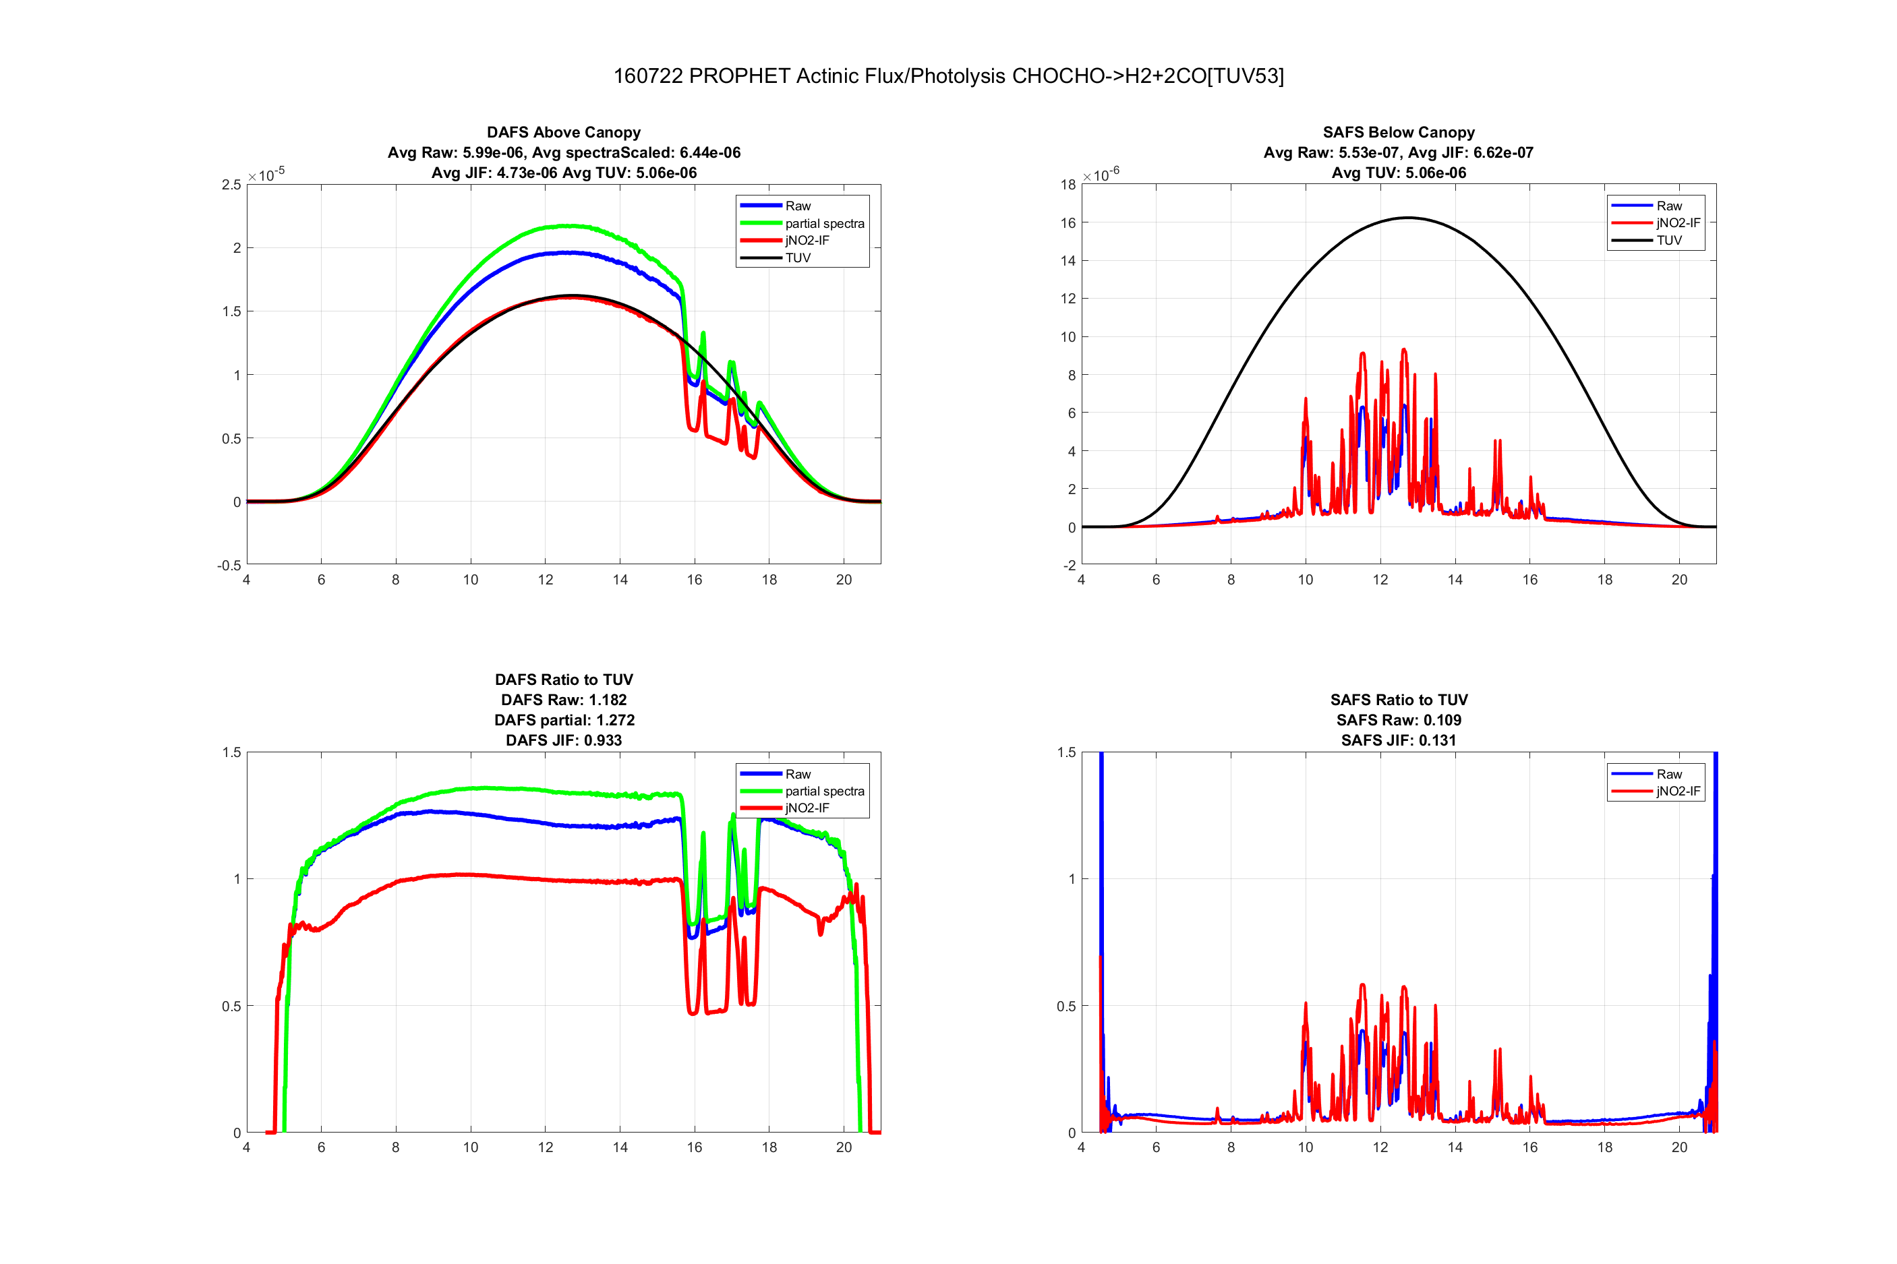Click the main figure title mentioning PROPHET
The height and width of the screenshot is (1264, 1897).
coord(948,76)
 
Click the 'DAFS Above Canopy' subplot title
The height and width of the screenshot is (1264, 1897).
coord(564,132)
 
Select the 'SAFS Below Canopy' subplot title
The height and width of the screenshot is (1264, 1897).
coord(1398,132)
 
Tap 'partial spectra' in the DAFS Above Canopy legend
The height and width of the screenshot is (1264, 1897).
coord(824,223)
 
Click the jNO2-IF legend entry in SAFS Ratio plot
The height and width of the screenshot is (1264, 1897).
coord(1678,791)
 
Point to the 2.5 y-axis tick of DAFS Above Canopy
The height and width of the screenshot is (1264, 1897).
coord(231,185)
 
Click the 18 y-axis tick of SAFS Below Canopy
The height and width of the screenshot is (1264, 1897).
coord(1068,185)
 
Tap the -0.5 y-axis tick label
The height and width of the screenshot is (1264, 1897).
coord(229,565)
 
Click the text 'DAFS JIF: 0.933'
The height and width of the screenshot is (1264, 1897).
coord(564,740)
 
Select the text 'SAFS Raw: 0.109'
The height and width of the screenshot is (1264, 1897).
coord(1398,720)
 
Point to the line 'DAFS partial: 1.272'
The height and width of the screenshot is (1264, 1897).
coord(564,720)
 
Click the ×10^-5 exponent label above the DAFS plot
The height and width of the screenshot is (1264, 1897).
coord(266,174)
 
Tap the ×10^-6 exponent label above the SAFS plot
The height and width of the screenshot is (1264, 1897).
coord(1101,174)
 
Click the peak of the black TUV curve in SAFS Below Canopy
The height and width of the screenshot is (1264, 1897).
coord(1407,218)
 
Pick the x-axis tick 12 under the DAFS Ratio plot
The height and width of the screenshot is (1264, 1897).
coord(545,1147)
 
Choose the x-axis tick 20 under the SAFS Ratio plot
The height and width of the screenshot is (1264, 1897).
coord(1679,1147)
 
